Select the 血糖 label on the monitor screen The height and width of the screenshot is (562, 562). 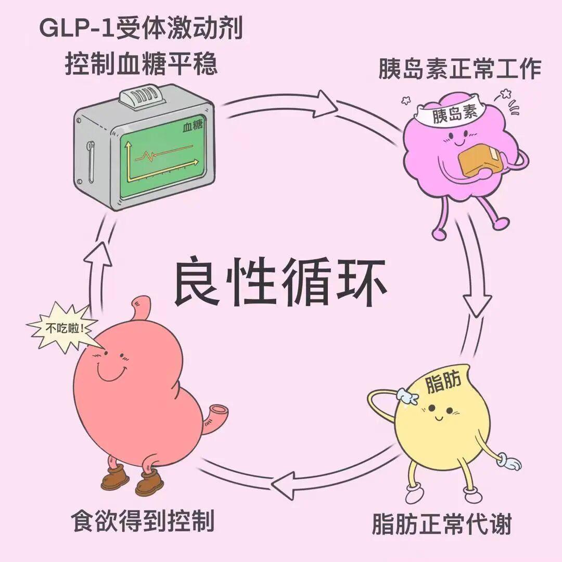pos(193,127)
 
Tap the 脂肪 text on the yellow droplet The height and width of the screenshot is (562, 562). pos(443,384)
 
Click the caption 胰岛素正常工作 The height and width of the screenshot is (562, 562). pos(459,69)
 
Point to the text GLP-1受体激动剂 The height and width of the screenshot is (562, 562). pos(141,29)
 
